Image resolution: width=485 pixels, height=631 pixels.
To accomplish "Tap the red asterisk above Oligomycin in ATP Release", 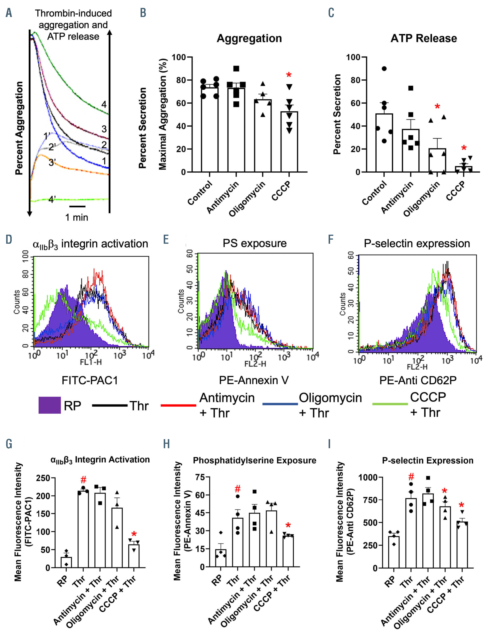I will point(437,107).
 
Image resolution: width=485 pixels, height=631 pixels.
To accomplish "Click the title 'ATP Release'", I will point(423,38).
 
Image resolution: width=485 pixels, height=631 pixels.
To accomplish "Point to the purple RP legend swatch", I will point(49,405).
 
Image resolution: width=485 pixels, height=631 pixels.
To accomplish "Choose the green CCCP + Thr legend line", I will point(390,404).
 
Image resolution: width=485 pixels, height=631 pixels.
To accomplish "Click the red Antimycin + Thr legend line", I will point(178,405).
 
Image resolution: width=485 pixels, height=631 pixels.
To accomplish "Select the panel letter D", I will point(9,239).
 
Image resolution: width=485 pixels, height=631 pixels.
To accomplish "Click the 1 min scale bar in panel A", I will point(77,206).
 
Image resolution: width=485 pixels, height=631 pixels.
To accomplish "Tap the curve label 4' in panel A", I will point(52,199).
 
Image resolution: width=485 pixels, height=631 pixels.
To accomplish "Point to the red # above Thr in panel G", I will point(83,480).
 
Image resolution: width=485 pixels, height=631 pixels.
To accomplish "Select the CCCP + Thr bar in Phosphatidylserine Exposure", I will point(288,551).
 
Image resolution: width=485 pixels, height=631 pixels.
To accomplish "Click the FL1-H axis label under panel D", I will point(91,362).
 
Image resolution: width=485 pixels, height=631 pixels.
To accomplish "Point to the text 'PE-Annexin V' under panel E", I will point(254,380).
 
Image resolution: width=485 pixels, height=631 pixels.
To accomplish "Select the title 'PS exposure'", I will point(255,243).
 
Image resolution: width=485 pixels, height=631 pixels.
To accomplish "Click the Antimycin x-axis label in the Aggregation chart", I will point(223,197).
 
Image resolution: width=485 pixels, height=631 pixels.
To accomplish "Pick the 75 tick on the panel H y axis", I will point(200,477).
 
